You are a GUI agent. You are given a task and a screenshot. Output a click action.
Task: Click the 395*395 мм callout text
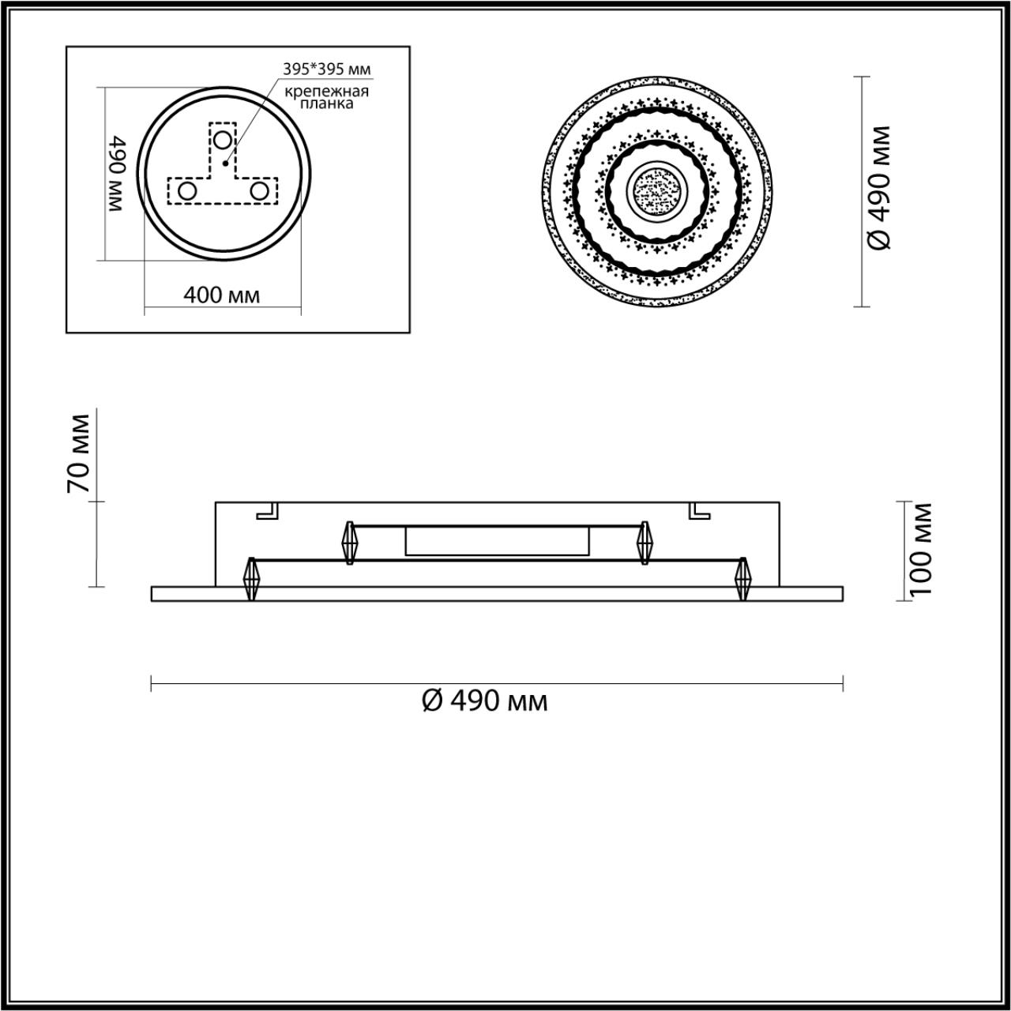[327, 69]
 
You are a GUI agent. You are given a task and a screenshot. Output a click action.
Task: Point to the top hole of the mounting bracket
[224, 141]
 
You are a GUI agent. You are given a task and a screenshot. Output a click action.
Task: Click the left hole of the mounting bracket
[188, 191]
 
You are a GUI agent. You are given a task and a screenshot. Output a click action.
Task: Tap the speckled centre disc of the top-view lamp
[656, 190]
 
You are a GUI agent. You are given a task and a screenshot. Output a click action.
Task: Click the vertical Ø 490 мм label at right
[879, 188]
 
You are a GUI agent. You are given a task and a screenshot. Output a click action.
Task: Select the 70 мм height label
[79, 454]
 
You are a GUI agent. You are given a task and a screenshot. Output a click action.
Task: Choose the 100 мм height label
[920, 548]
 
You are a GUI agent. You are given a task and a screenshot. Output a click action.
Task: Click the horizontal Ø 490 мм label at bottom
[485, 701]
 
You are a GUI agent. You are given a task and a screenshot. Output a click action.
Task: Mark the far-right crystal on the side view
[742, 579]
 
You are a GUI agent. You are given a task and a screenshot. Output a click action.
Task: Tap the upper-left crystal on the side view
[350, 543]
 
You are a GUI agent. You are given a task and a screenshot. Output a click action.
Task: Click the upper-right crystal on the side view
[645, 543]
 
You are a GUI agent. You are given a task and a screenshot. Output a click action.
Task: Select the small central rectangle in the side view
[497, 542]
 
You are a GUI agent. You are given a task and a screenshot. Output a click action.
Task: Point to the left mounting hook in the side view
[269, 511]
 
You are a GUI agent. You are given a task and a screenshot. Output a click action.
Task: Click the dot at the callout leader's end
[225, 164]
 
